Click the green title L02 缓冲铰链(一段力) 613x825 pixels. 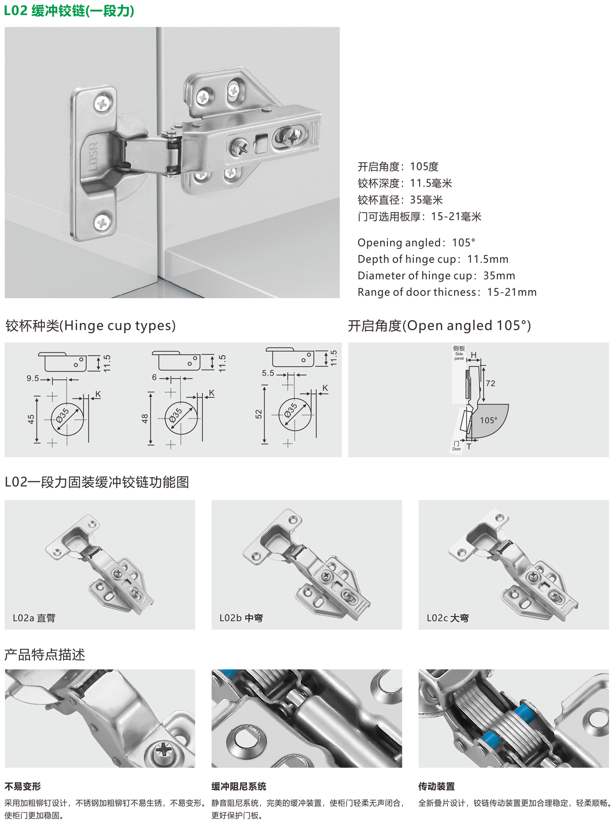[69, 11]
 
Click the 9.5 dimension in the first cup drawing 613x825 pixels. [33, 378]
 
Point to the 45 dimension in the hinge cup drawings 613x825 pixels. [31, 420]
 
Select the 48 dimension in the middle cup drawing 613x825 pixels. [145, 419]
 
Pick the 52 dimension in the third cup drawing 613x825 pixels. [259, 414]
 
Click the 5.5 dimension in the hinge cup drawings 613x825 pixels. [268, 373]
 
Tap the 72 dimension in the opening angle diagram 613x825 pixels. [490, 383]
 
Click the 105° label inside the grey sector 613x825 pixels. [489, 420]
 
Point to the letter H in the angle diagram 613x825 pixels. [473, 355]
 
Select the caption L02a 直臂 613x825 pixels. [34, 618]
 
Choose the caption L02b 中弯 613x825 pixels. [241, 618]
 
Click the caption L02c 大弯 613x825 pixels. [448, 618]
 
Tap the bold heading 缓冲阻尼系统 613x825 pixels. [239, 786]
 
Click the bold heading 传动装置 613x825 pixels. [437, 786]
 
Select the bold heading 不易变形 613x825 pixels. [23, 786]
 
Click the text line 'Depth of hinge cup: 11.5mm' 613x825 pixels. [433, 259]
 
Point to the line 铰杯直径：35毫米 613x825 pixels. [400, 200]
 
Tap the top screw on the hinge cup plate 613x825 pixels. [103, 104]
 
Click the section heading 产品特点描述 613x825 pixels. [45, 655]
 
